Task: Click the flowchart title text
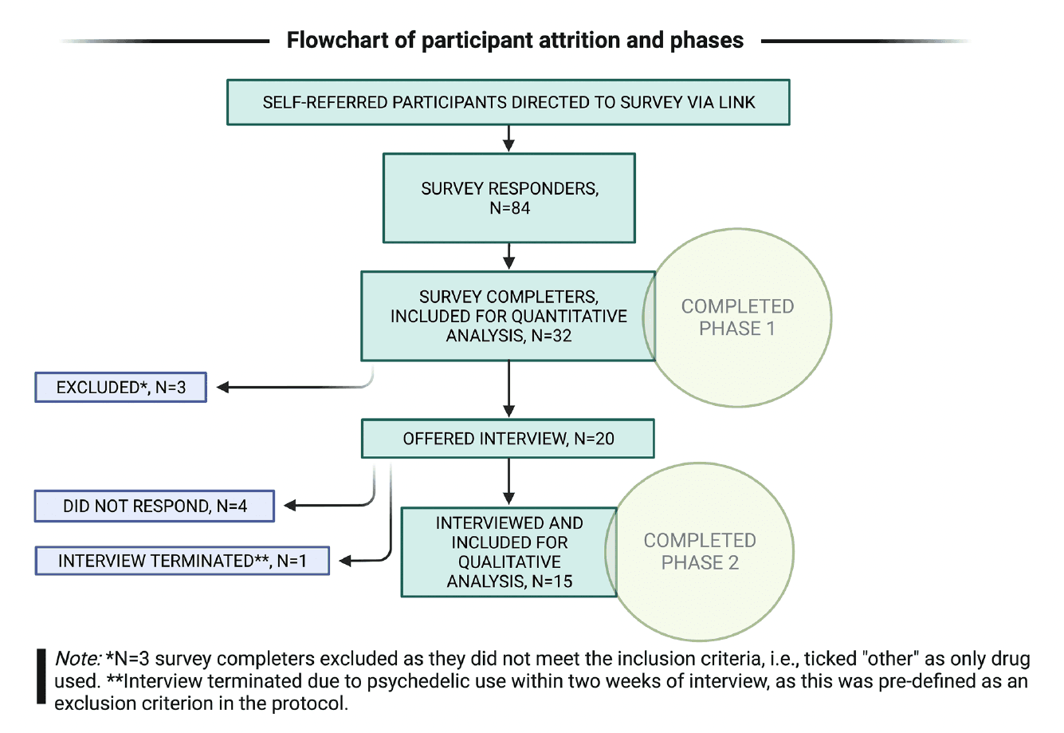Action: (x=515, y=41)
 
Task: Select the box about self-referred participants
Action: (x=508, y=102)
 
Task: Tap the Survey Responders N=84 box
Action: (x=508, y=198)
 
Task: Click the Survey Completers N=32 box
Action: (x=508, y=316)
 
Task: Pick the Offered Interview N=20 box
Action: (x=508, y=439)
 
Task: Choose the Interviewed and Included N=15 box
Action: (x=508, y=552)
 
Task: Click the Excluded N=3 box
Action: (x=120, y=388)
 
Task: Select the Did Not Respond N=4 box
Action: (x=154, y=506)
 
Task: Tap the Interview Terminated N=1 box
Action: (x=182, y=561)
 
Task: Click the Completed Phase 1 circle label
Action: (x=737, y=317)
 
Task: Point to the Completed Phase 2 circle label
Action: (x=700, y=552)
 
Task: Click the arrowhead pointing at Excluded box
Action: (x=223, y=388)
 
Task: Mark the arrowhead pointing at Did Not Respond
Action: (x=291, y=506)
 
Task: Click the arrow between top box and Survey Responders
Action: (x=508, y=139)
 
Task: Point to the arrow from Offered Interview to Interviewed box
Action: (x=508, y=482)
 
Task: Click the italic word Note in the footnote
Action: (x=77, y=660)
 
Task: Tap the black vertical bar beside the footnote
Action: (x=41, y=676)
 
